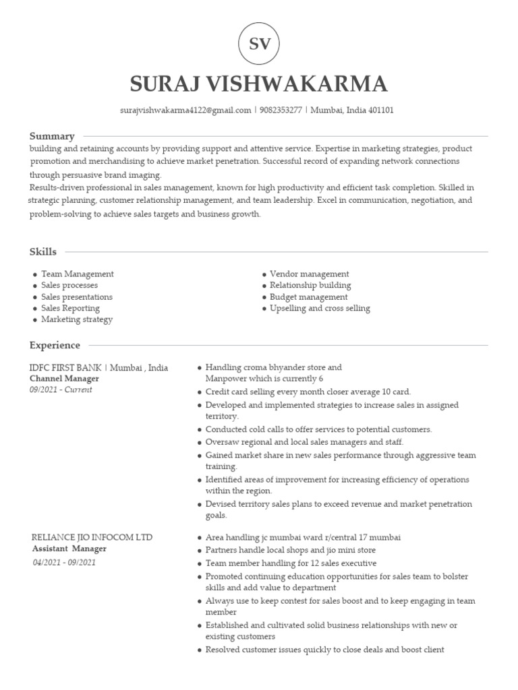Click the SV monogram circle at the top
tap(259, 44)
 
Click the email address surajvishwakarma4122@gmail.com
tap(185, 110)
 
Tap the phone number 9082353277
tap(281, 110)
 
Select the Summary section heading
tap(52, 136)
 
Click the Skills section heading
tap(43, 252)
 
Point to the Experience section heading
tap(55, 346)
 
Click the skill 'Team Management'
tap(77, 274)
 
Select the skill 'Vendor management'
tap(309, 274)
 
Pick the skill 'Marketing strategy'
tap(76, 319)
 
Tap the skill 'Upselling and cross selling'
tap(320, 309)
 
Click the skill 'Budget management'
tap(308, 297)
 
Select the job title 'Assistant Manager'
tap(69, 548)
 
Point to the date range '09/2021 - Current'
tap(61, 390)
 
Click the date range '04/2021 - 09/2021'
tap(64, 563)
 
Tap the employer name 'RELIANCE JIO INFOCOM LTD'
tap(92, 537)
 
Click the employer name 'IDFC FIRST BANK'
tap(65, 368)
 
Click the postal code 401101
tap(380, 110)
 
